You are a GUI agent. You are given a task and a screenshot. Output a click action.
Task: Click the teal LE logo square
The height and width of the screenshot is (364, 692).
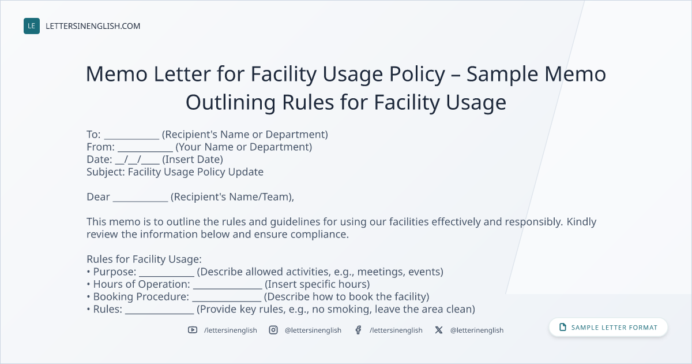32,26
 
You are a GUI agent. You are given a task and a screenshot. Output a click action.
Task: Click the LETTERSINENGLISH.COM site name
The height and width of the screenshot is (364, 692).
93,26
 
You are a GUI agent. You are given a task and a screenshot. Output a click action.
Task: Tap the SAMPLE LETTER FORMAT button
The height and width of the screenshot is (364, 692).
608,327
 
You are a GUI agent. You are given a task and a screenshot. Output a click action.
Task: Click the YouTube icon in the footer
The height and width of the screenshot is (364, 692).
193,330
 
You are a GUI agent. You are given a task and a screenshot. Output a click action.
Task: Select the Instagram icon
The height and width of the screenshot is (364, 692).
273,330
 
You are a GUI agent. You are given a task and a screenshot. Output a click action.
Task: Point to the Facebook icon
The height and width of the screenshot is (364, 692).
358,330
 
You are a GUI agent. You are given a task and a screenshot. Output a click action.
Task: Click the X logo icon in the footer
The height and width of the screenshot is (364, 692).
439,330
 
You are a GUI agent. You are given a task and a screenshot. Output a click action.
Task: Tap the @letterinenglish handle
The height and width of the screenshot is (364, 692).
477,330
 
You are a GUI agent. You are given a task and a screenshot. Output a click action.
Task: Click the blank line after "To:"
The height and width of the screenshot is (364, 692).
131,138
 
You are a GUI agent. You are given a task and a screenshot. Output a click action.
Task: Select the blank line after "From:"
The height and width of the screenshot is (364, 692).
145,151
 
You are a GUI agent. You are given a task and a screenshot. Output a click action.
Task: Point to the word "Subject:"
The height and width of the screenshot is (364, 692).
106,172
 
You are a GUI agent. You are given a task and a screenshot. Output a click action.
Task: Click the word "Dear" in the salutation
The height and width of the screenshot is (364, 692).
98,197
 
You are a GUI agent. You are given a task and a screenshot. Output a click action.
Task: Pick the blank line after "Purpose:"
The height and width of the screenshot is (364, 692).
167,276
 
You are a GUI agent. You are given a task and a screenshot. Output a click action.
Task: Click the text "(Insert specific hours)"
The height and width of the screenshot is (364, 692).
317,284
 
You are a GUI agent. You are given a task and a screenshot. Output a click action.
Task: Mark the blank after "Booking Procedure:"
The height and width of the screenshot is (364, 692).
227,300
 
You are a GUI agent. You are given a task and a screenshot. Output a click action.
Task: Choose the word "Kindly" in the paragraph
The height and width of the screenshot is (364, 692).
581,222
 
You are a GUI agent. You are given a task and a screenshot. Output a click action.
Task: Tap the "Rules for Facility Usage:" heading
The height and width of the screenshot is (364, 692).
144,259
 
